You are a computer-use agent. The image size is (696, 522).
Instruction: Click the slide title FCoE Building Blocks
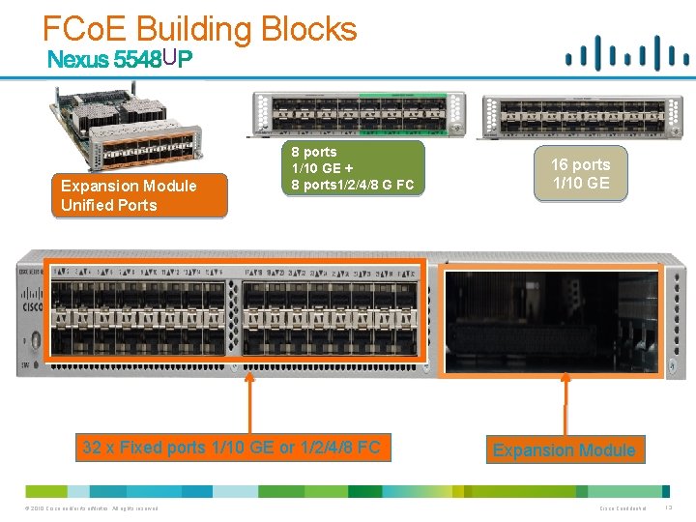[x=200, y=28]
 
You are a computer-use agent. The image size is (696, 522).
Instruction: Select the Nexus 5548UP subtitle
[x=121, y=60]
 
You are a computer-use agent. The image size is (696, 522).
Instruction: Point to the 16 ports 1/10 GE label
[x=580, y=174]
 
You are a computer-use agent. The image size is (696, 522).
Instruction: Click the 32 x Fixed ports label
[x=231, y=448]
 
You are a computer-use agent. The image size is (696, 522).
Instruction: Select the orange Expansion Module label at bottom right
[x=564, y=449]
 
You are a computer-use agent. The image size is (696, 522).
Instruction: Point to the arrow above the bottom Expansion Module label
[x=565, y=405]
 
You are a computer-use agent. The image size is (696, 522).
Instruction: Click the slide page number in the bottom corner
[x=669, y=508]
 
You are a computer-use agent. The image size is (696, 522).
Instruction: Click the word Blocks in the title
[x=308, y=28]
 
